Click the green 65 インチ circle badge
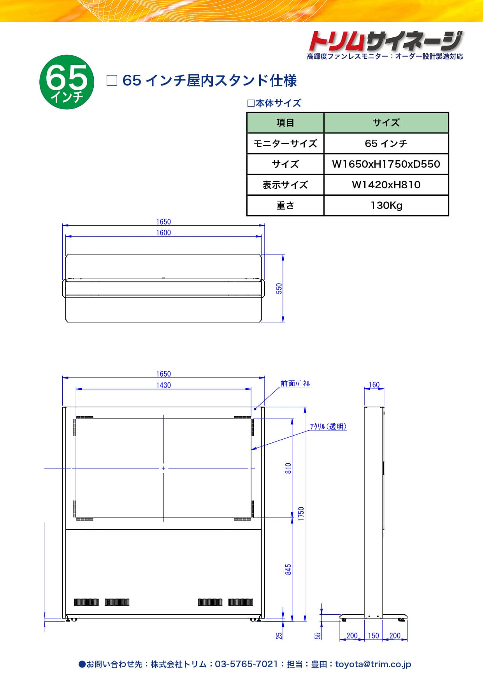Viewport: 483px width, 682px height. coord(67,82)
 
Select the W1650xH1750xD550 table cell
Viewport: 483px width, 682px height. coord(386,164)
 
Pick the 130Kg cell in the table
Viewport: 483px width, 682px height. coord(386,205)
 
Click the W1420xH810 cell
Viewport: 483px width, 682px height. coord(386,185)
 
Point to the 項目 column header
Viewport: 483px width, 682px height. coord(285,123)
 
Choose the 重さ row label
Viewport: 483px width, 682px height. coord(285,205)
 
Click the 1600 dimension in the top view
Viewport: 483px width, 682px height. coord(163,233)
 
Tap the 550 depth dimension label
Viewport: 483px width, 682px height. coord(279,288)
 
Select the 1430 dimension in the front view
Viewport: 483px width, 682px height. coord(163,385)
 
